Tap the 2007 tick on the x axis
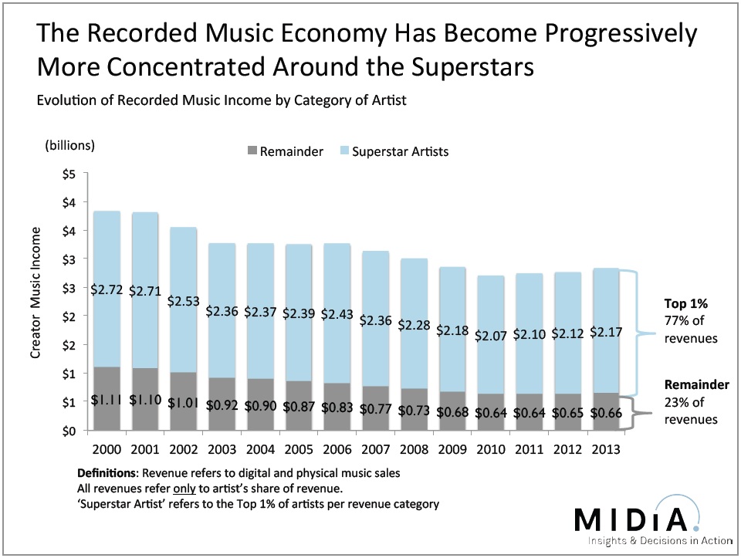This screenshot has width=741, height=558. (x=377, y=448)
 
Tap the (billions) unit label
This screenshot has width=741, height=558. (x=70, y=144)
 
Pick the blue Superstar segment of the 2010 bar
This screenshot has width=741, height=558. (x=492, y=309)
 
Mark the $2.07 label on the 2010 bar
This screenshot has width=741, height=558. (x=492, y=336)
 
